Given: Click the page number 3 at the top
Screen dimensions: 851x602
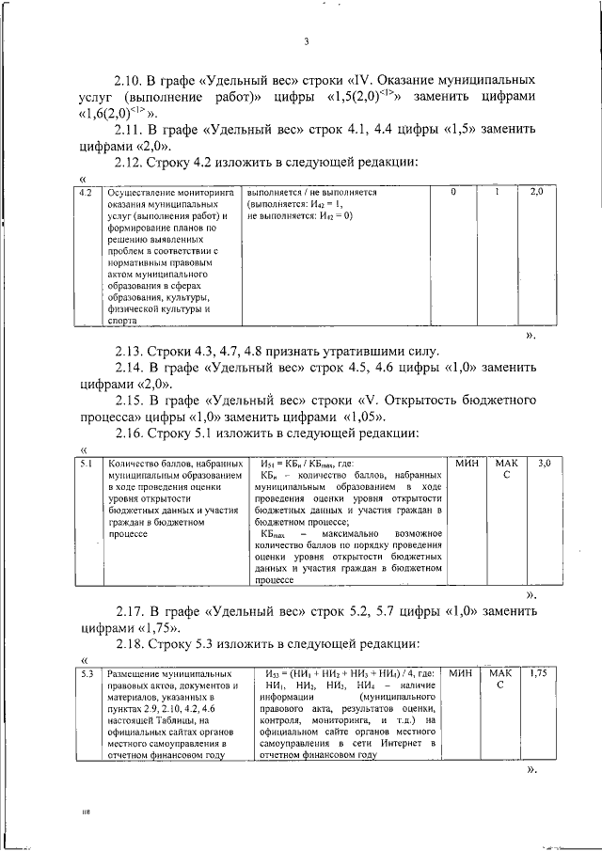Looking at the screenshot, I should click(x=307, y=40).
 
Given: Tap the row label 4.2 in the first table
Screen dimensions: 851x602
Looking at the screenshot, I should click(x=85, y=193).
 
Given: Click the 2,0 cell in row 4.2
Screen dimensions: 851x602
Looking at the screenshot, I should click(x=536, y=193).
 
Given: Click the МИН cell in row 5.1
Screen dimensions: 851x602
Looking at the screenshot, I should click(x=466, y=464).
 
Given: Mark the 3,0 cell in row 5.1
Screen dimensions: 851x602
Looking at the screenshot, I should click(x=544, y=464).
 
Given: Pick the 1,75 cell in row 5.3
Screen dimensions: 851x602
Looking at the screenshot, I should click(x=538, y=674).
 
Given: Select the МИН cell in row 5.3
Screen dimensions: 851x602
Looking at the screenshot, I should click(x=460, y=674).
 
